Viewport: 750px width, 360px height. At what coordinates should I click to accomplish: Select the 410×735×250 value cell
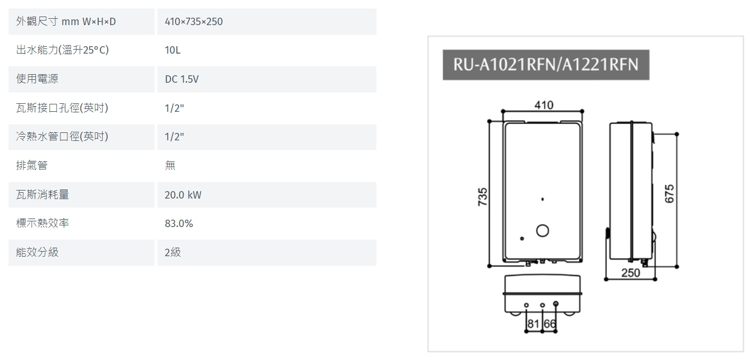193,22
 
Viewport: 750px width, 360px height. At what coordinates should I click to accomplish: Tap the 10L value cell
172,50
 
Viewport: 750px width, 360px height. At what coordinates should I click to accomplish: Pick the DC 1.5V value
181,79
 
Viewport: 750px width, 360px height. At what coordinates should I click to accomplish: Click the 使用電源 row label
37,79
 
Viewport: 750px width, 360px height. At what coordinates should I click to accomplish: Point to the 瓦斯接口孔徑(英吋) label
62,108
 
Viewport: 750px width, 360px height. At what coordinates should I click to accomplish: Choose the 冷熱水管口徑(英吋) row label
62,137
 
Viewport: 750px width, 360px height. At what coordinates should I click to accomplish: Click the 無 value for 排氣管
170,166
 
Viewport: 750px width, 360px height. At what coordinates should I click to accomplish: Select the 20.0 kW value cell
183,195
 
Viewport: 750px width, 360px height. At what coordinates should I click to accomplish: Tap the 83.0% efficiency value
179,224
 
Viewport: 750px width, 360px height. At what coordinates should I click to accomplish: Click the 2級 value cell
172,253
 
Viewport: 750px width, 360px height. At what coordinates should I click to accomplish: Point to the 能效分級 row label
37,253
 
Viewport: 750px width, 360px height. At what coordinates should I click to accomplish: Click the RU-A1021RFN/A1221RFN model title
545,64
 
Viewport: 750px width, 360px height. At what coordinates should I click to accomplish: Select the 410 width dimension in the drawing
544,105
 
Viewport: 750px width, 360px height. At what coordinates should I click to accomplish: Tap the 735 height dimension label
483,197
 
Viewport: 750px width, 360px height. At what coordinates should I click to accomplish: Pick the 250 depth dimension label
630,273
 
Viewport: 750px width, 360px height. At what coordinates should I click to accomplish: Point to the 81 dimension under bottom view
533,324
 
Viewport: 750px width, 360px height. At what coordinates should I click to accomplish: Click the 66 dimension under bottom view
549,324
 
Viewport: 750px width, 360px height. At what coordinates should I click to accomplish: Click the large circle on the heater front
543,230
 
